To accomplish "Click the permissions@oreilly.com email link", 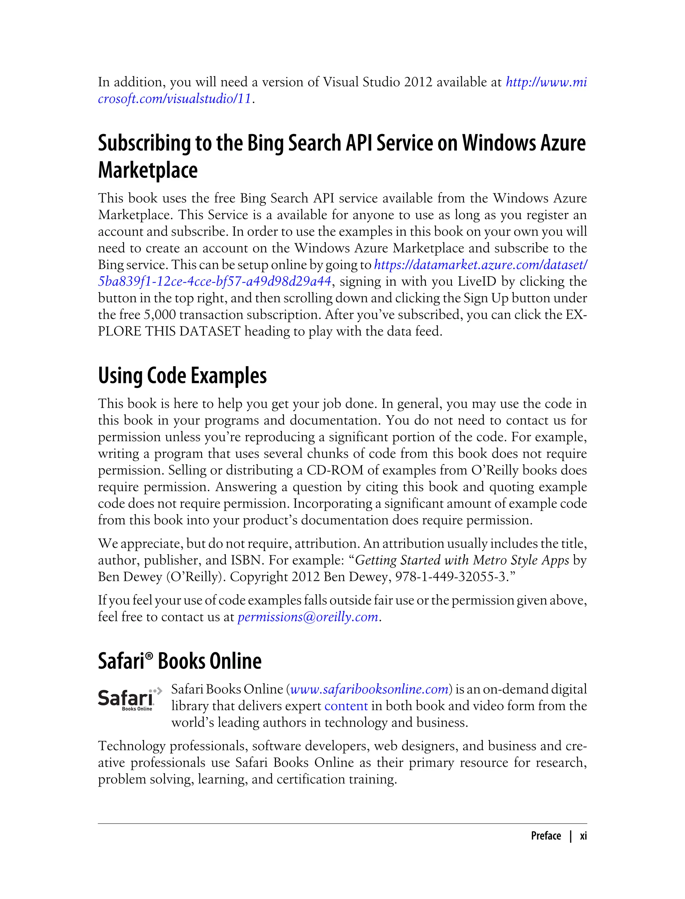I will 308,617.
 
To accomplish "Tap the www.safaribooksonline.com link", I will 369,689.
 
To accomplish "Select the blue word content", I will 346,706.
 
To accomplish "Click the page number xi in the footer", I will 583,836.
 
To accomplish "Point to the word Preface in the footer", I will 546,836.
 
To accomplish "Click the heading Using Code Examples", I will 182,376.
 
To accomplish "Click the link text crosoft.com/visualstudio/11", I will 175,99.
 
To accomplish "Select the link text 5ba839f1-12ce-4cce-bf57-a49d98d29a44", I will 214,281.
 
